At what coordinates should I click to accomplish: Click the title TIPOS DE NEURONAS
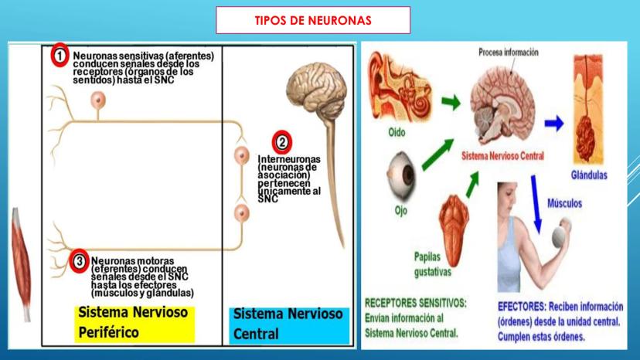312,20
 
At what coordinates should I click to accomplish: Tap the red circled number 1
60,56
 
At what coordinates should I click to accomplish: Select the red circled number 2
282,142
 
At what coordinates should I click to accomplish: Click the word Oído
396,132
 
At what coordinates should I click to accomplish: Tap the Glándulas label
590,175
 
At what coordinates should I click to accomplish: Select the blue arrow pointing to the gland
553,122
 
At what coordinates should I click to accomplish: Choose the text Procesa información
509,53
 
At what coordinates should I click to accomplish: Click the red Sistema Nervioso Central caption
502,155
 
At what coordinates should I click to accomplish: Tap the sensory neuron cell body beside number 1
98,100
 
